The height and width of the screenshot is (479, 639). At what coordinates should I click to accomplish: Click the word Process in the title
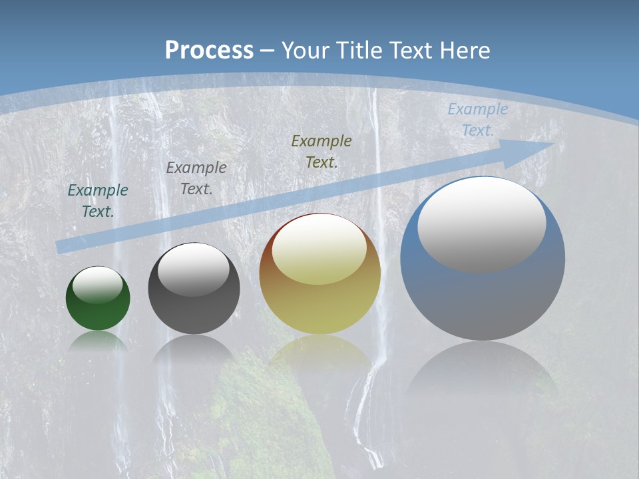pyautogui.click(x=209, y=50)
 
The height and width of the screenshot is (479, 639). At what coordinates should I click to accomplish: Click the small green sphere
pyautogui.click(x=98, y=313)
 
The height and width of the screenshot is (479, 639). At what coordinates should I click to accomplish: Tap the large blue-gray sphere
pyautogui.click(x=483, y=299)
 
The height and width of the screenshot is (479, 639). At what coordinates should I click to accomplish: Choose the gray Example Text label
pyautogui.click(x=196, y=178)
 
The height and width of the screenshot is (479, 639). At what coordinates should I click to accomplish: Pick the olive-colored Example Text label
pyautogui.click(x=321, y=151)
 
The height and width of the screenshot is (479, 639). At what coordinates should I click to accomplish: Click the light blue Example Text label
pyautogui.click(x=477, y=120)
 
